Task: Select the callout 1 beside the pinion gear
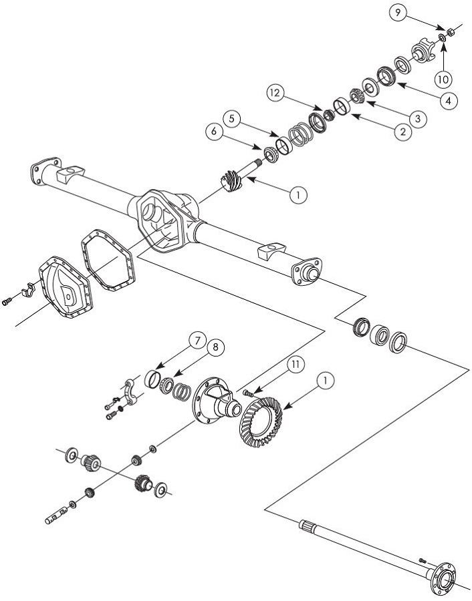coord(298,194)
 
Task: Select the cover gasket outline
coord(108,260)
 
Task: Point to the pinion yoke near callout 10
coord(421,51)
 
